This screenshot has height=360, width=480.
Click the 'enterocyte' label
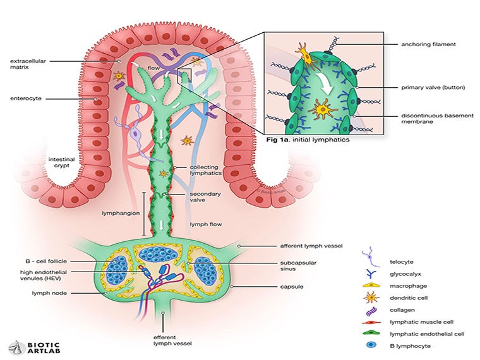tap(25, 99)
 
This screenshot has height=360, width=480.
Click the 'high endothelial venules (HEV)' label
tap(44, 275)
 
